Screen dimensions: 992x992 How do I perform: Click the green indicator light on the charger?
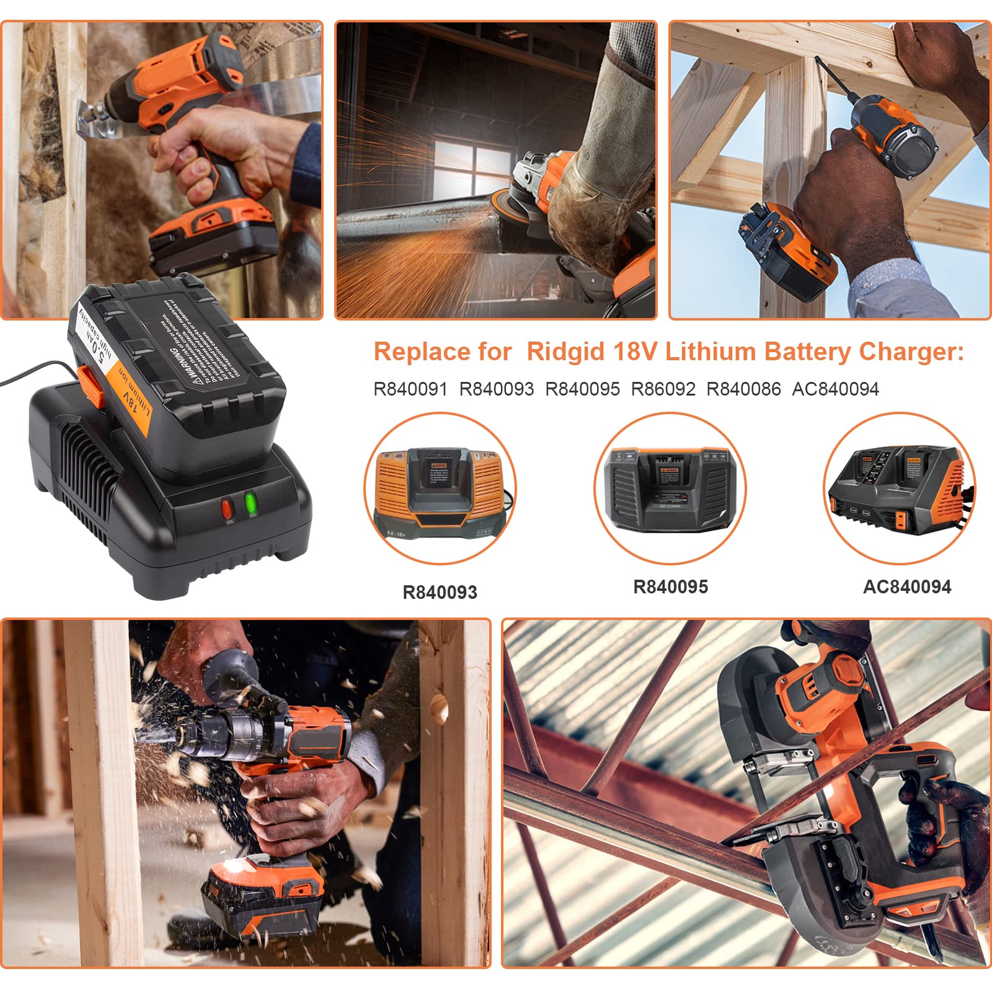coord(250,503)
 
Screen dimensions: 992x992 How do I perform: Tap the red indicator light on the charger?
coord(227,510)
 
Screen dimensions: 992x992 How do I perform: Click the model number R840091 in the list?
coord(410,389)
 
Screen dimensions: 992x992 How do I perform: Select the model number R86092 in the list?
coord(663,389)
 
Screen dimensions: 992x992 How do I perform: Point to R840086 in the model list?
coord(743,389)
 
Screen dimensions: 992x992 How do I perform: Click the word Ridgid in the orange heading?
coord(566,352)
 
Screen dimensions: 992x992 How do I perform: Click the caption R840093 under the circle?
coord(440,592)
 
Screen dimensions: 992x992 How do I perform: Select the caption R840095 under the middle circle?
coord(670,587)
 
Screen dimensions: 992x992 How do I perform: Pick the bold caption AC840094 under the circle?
coord(906,587)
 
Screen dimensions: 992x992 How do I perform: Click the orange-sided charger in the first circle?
coord(440,490)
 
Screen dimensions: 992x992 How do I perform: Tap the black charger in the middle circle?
coord(670,490)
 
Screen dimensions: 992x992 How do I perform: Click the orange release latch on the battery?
coord(91,387)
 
